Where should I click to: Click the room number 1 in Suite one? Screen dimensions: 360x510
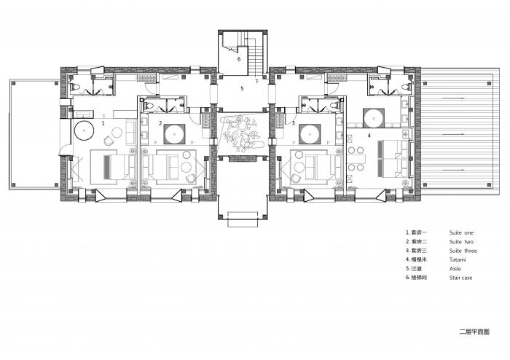pyautogui.click(x=103, y=124)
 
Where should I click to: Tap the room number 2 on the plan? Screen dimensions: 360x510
pyautogui.click(x=160, y=124)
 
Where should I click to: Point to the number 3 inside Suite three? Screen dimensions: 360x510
pyautogui.click(x=293, y=124)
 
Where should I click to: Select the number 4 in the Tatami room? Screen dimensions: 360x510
pyautogui.click(x=369, y=136)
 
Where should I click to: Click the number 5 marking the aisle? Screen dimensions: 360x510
pyautogui.click(x=242, y=88)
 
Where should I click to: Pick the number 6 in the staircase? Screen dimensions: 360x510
pyautogui.click(x=238, y=59)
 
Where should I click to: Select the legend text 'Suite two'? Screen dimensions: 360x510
pyautogui.click(x=461, y=241)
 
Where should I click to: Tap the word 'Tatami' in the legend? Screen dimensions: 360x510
pyautogui.click(x=458, y=259)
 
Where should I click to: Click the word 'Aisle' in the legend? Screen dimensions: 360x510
pyautogui.click(x=455, y=268)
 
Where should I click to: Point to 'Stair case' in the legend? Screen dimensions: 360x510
pyautogui.click(x=462, y=278)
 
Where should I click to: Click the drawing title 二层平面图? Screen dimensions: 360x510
pyautogui.click(x=474, y=331)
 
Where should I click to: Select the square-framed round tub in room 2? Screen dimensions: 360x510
pyautogui.click(x=174, y=133)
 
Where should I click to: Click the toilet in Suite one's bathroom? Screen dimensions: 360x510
pyautogui.click(x=76, y=87)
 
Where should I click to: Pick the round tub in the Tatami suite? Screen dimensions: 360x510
pyautogui.click(x=375, y=117)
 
